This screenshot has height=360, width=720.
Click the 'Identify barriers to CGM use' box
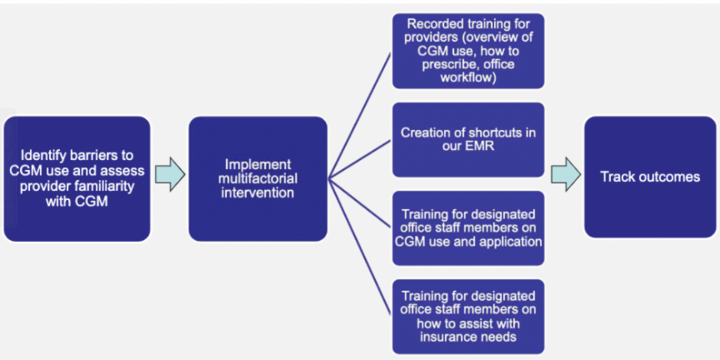coord(77,178)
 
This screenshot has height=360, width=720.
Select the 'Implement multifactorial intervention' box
coord(257,178)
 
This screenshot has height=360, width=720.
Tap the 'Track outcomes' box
coord(650,177)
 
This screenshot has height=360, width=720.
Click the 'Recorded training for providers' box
coord(467,51)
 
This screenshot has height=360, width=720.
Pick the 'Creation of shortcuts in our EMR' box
coord(467,140)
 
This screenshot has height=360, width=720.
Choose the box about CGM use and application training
coord(467,228)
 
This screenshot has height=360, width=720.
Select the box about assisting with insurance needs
coord(467,317)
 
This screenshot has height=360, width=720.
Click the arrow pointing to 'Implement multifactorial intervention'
coord(170,174)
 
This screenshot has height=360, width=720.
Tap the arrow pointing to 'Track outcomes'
coord(566,174)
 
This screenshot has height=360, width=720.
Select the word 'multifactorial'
coord(258,178)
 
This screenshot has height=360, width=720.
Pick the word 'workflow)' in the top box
coord(468,77)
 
